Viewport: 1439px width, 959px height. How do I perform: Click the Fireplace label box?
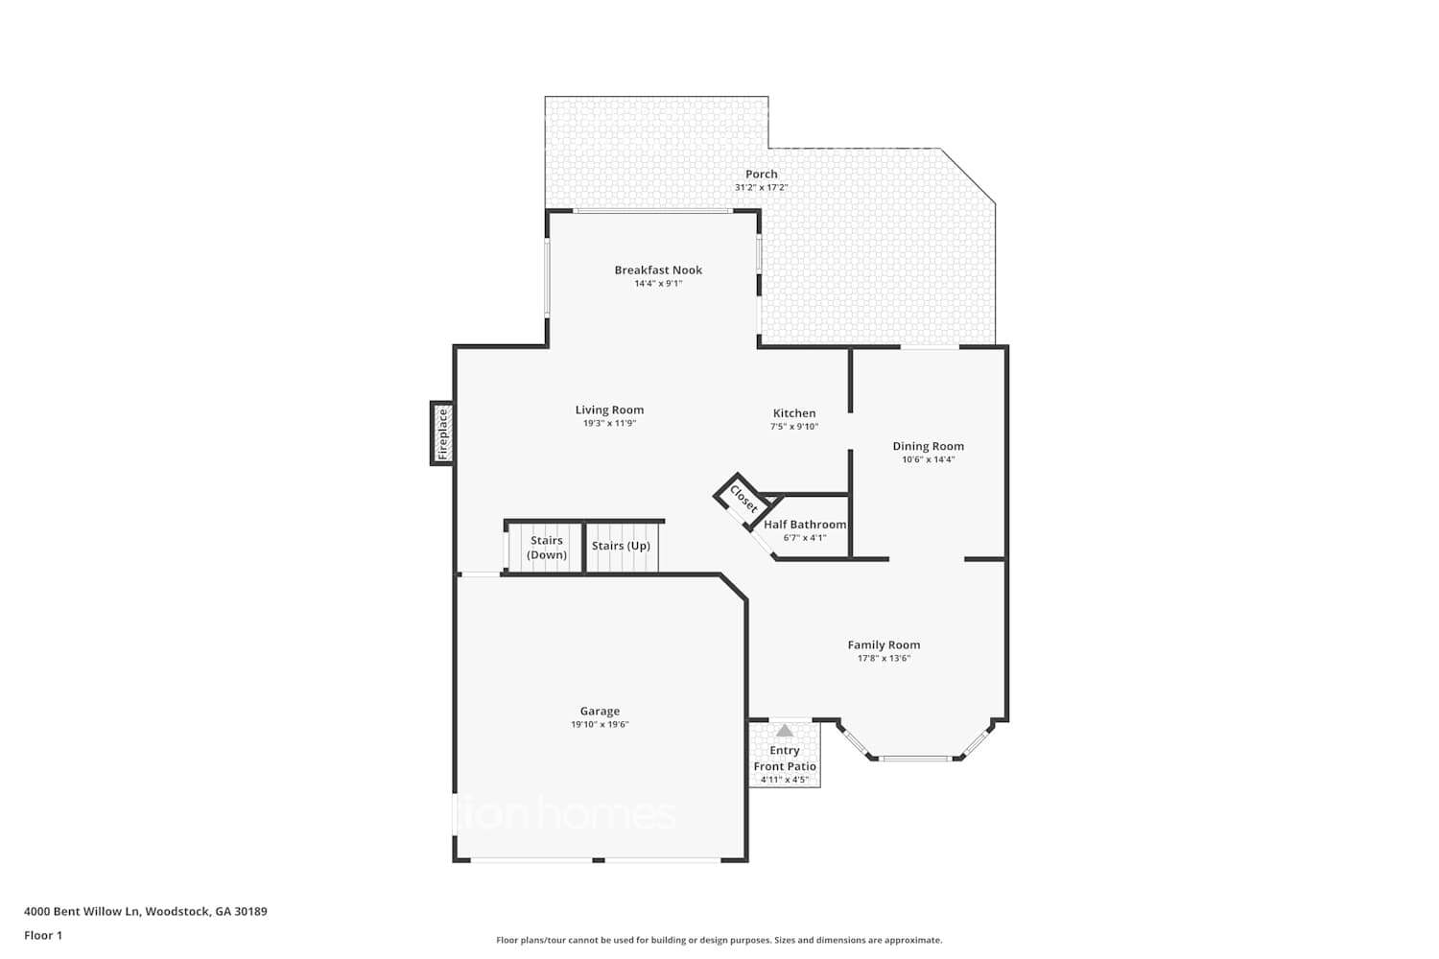click(x=442, y=433)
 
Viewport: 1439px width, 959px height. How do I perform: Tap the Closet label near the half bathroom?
click(x=743, y=499)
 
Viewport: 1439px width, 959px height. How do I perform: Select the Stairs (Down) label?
click(x=547, y=548)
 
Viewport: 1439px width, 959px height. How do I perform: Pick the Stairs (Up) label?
click(x=621, y=546)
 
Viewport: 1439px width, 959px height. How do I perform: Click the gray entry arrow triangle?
click(x=785, y=731)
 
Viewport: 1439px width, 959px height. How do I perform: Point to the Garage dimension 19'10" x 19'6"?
click(x=600, y=725)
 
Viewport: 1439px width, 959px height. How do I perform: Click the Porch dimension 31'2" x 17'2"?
click(x=761, y=188)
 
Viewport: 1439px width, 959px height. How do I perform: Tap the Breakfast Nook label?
click(x=658, y=270)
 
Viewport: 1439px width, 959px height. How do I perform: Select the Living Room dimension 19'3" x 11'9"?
click(x=609, y=423)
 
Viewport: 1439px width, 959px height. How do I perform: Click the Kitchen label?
click(x=794, y=413)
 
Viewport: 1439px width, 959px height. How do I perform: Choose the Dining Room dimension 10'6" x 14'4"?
click(x=928, y=459)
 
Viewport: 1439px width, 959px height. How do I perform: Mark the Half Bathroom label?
click(x=805, y=525)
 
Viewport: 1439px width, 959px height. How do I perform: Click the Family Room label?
click(x=884, y=645)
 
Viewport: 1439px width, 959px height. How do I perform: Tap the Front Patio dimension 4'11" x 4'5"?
click(x=785, y=780)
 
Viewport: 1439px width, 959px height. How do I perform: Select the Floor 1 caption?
click(x=43, y=935)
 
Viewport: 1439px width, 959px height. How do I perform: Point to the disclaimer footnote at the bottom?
click(x=719, y=941)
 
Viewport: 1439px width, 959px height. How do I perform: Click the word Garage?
click(x=600, y=712)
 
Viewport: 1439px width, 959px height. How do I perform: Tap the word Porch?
click(x=762, y=175)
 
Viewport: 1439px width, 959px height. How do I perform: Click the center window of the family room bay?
click(x=915, y=759)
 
